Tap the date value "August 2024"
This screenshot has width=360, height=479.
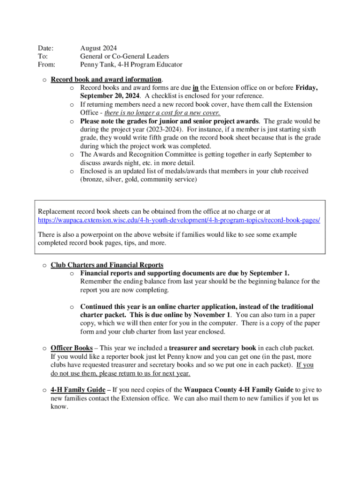[98, 48]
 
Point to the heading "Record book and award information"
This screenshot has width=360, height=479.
[106, 80]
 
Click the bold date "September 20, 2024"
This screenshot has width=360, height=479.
[109, 96]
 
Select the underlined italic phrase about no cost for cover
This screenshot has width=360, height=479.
[162, 113]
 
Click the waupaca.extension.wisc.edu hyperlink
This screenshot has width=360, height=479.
[179, 220]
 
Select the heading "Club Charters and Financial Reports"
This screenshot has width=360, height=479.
[107, 265]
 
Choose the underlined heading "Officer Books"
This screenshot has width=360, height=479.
[72, 348]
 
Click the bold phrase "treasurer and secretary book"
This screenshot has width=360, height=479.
[212, 348]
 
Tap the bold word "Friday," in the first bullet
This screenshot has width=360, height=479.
[306, 88]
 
